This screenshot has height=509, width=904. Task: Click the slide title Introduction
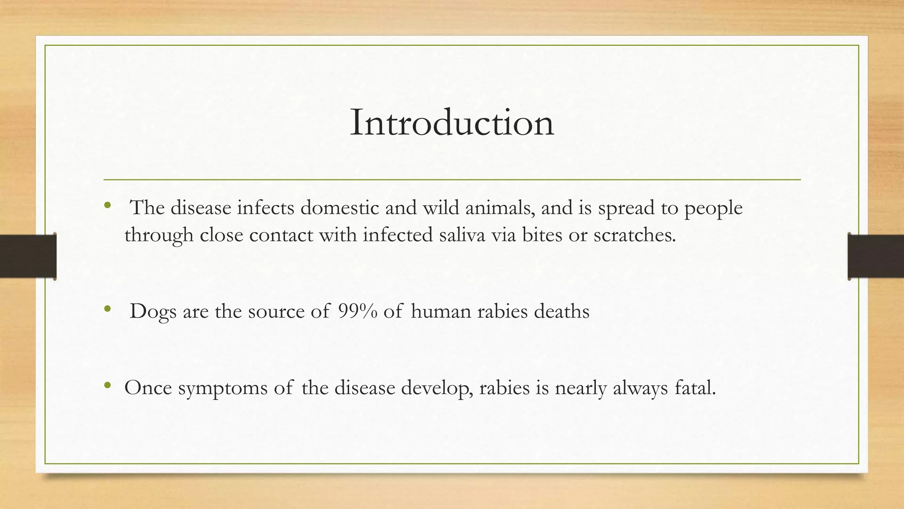click(x=452, y=123)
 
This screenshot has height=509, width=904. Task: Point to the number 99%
click(x=358, y=311)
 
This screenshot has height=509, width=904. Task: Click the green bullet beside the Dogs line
click(x=107, y=309)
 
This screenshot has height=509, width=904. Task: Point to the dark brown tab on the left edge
click(x=28, y=256)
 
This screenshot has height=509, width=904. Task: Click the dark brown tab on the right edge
click(x=876, y=256)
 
